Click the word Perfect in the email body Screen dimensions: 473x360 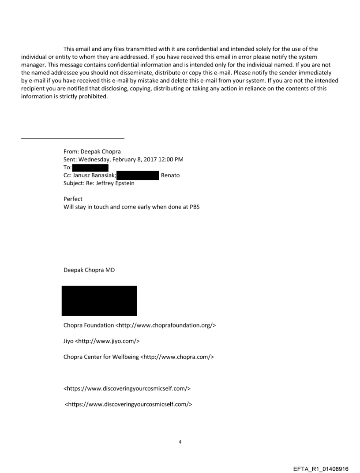pos(73,199)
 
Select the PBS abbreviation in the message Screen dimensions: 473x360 pos(193,207)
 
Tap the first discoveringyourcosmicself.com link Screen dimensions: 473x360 pos(127,388)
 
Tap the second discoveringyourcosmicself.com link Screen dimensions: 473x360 pos(128,404)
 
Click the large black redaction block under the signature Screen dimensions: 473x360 pos(99,301)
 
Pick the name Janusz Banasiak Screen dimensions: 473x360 pos(91,175)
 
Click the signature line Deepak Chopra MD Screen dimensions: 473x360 pos(89,270)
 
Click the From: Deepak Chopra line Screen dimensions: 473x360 pos(92,152)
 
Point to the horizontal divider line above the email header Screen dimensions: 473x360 pos(73,138)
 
